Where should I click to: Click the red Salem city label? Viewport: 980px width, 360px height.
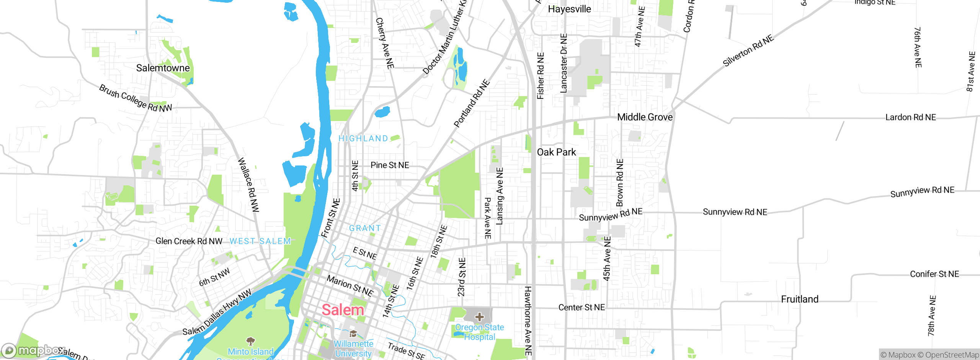point(343,310)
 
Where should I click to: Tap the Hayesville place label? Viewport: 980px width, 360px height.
point(569,9)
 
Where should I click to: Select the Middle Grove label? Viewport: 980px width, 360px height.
point(645,117)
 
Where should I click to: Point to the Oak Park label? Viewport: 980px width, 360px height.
point(556,152)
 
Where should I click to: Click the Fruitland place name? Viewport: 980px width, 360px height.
point(800,299)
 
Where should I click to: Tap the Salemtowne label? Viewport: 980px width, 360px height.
point(163,68)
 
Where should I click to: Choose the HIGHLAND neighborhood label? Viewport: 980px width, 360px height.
point(363,138)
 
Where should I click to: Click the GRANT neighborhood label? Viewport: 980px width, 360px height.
point(365,228)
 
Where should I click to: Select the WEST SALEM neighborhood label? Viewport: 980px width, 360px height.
point(260,241)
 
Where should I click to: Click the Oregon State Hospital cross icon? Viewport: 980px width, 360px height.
point(479,317)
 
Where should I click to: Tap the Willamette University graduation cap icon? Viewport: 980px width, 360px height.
point(353,333)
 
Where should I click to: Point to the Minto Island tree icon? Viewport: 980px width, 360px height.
point(251,340)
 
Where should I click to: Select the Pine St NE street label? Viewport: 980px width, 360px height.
point(390,165)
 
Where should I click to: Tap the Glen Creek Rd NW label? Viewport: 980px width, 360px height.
point(189,241)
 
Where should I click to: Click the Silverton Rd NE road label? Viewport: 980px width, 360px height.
point(748,51)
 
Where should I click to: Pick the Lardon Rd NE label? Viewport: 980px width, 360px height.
point(910,117)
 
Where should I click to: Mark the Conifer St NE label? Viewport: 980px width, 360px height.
point(934,274)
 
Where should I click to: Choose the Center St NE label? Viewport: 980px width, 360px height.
point(581,308)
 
